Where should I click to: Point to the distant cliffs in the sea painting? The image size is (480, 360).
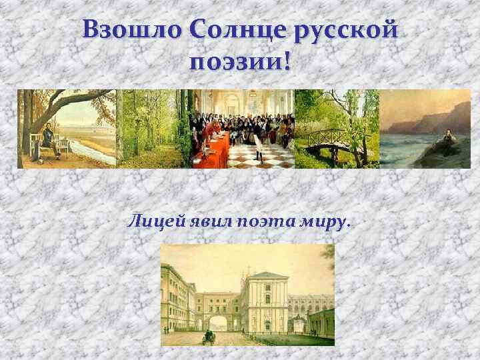pos(440,117)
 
